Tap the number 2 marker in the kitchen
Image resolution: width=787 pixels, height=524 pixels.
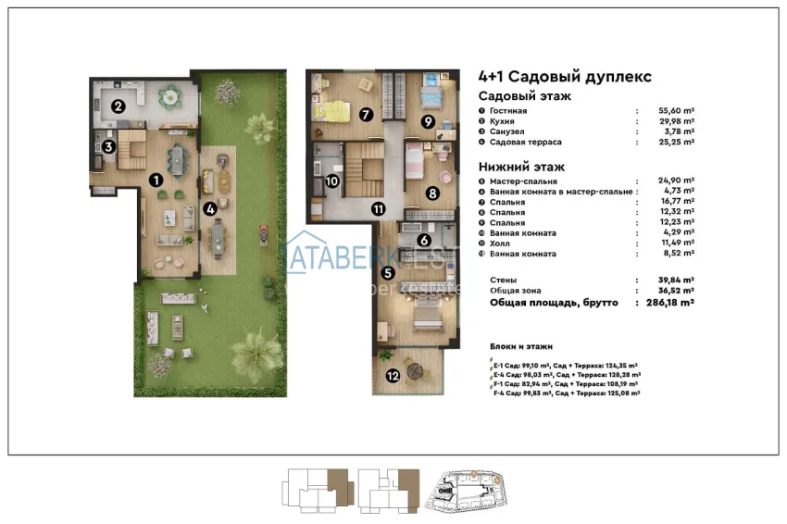pos(119,106)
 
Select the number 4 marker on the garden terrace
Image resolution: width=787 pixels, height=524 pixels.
pos(211,208)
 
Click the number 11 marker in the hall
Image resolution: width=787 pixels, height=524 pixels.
pos(378,208)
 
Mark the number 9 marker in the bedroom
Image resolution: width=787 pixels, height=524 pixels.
pos(428,121)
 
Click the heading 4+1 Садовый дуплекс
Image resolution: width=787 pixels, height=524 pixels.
pos(565,77)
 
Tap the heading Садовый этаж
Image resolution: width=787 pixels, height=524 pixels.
pos(524,96)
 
